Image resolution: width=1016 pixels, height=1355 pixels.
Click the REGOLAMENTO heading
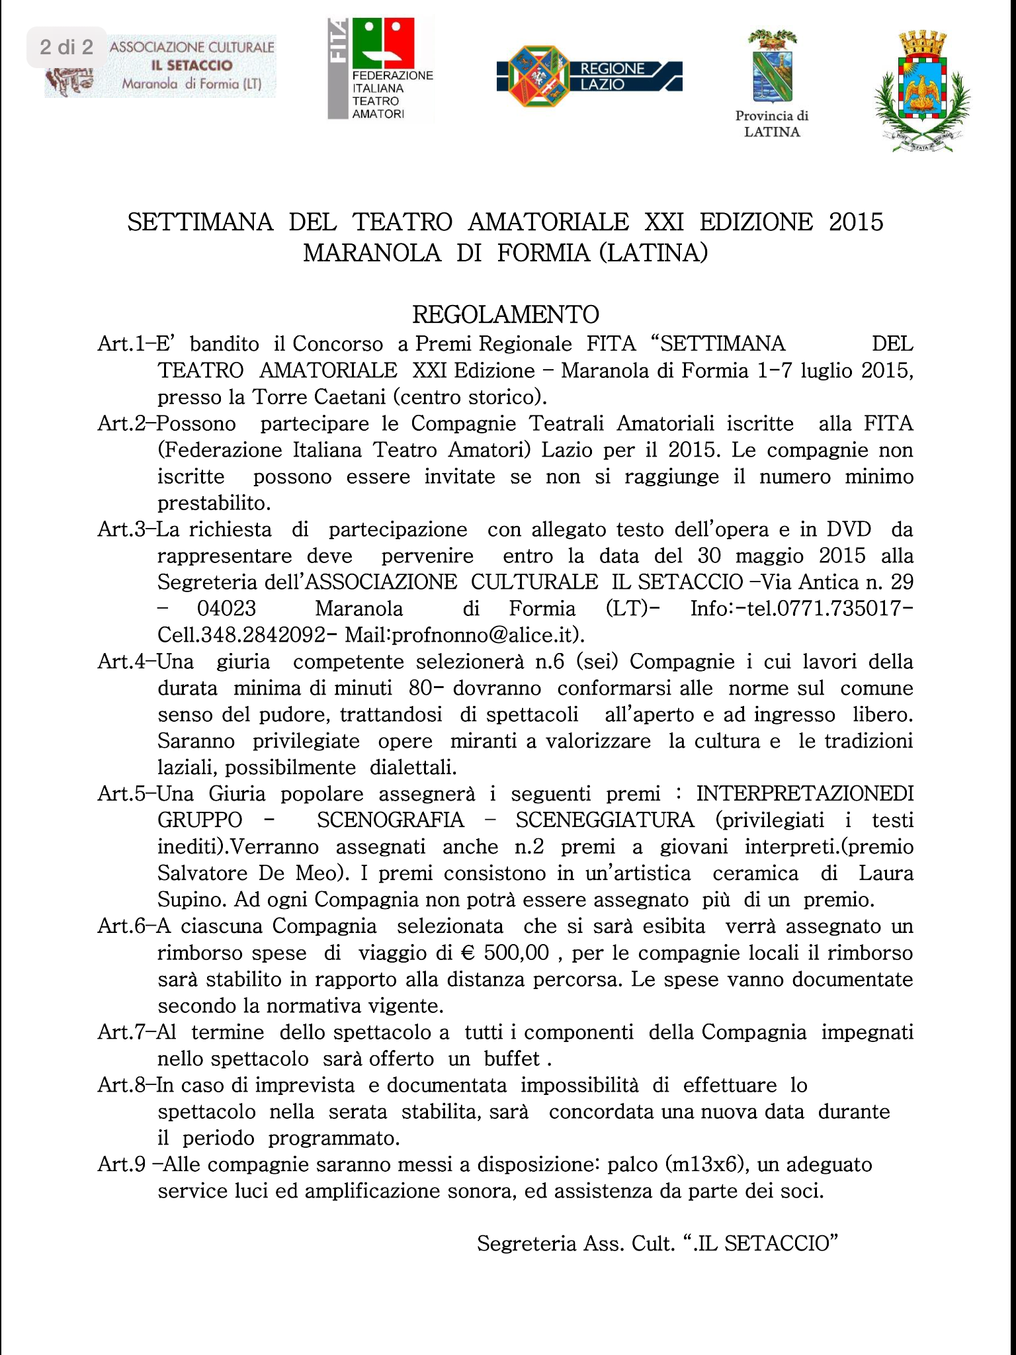coord(505,314)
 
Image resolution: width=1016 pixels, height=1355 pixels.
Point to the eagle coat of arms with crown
coord(922,93)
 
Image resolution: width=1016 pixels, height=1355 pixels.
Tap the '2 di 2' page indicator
coord(66,47)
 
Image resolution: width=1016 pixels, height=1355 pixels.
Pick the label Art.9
coord(121,1164)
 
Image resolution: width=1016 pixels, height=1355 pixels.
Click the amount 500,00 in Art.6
coord(516,953)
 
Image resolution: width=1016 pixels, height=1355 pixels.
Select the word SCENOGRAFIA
coord(390,820)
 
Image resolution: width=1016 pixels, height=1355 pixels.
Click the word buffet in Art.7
coord(512,1059)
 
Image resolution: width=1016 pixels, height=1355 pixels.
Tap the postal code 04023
coord(226,609)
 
